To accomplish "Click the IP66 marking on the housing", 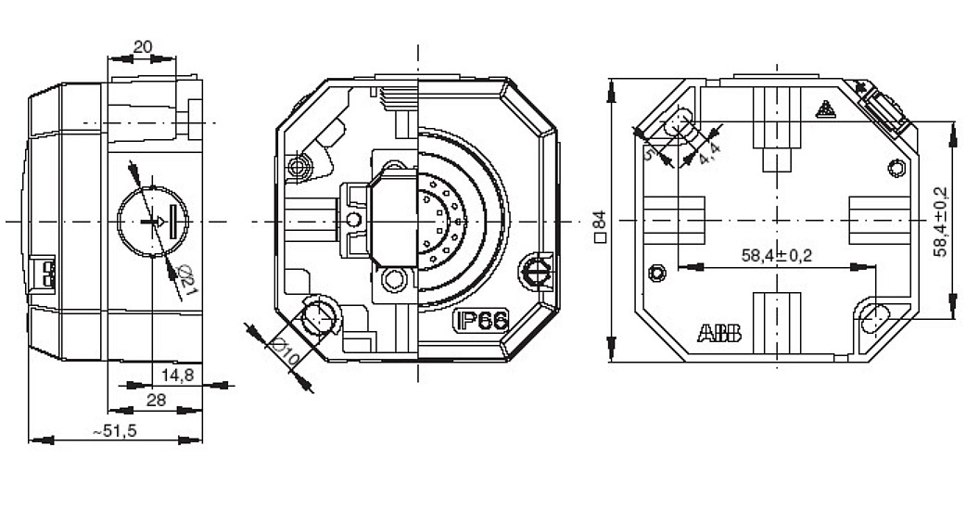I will click(480, 321).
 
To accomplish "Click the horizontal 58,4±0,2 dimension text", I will click(776, 255).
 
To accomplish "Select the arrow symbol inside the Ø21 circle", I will click(158, 222).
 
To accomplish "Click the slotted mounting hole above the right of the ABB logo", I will click(873, 318).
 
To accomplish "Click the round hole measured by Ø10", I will click(318, 314).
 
